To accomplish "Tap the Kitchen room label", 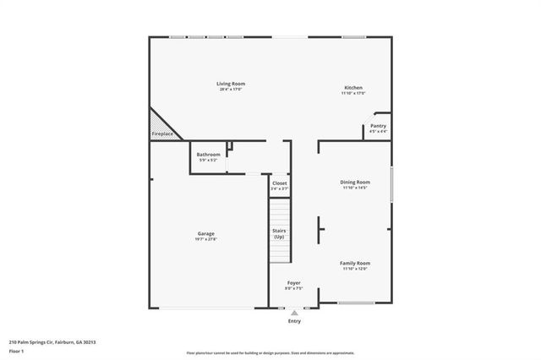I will [x=353, y=88].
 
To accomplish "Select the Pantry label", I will [x=378, y=126].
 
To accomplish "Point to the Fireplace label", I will [x=162, y=134].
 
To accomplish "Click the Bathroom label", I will [x=208, y=155].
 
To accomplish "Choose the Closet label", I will [x=279, y=183].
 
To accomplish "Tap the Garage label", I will [x=206, y=233].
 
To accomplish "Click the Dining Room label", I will [x=356, y=183].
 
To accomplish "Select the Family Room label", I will [x=356, y=263].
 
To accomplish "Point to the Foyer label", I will [x=293, y=283].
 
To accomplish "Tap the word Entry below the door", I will [x=294, y=321].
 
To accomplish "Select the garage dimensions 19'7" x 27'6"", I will [x=206, y=239].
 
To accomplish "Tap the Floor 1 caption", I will [x=16, y=350].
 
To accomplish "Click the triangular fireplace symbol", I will [x=158, y=123].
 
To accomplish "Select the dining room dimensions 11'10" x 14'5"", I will [x=356, y=188].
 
